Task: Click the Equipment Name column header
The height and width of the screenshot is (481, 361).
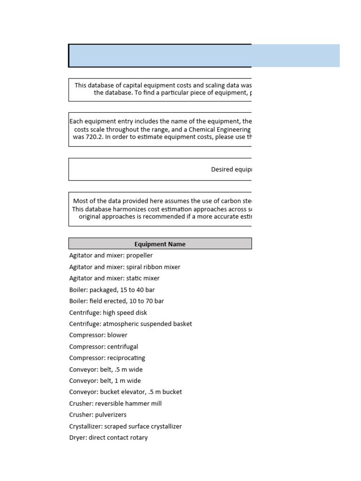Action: [160, 244]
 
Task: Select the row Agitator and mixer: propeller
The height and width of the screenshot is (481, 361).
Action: [111, 256]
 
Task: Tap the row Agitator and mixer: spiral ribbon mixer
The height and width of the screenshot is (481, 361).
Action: [125, 267]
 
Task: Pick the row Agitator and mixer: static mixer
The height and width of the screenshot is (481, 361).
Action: [114, 278]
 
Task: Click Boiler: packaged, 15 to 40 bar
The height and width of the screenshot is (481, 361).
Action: [112, 290]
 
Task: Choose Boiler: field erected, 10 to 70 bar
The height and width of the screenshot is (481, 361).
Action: [117, 301]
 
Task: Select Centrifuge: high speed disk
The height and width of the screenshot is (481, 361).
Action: [108, 312]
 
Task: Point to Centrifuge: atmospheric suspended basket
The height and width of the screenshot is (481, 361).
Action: [131, 324]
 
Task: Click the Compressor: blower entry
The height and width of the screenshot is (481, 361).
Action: [98, 335]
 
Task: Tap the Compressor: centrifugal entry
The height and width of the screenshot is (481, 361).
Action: [104, 347]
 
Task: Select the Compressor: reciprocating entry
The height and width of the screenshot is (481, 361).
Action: [107, 358]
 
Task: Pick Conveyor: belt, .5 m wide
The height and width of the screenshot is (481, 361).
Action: [106, 369]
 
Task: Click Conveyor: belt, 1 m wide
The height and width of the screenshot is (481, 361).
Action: [105, 381]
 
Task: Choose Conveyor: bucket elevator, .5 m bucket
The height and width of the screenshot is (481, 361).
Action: [126, 392]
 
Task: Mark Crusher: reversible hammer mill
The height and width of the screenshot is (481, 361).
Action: [115, 403]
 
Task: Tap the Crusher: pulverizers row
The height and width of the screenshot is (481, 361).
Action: [98, 415]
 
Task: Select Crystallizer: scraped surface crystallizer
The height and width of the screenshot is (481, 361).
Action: [126, 427]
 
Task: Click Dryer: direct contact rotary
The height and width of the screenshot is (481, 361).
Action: [109, 438]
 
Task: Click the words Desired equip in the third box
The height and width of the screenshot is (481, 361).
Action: [231, 170]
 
